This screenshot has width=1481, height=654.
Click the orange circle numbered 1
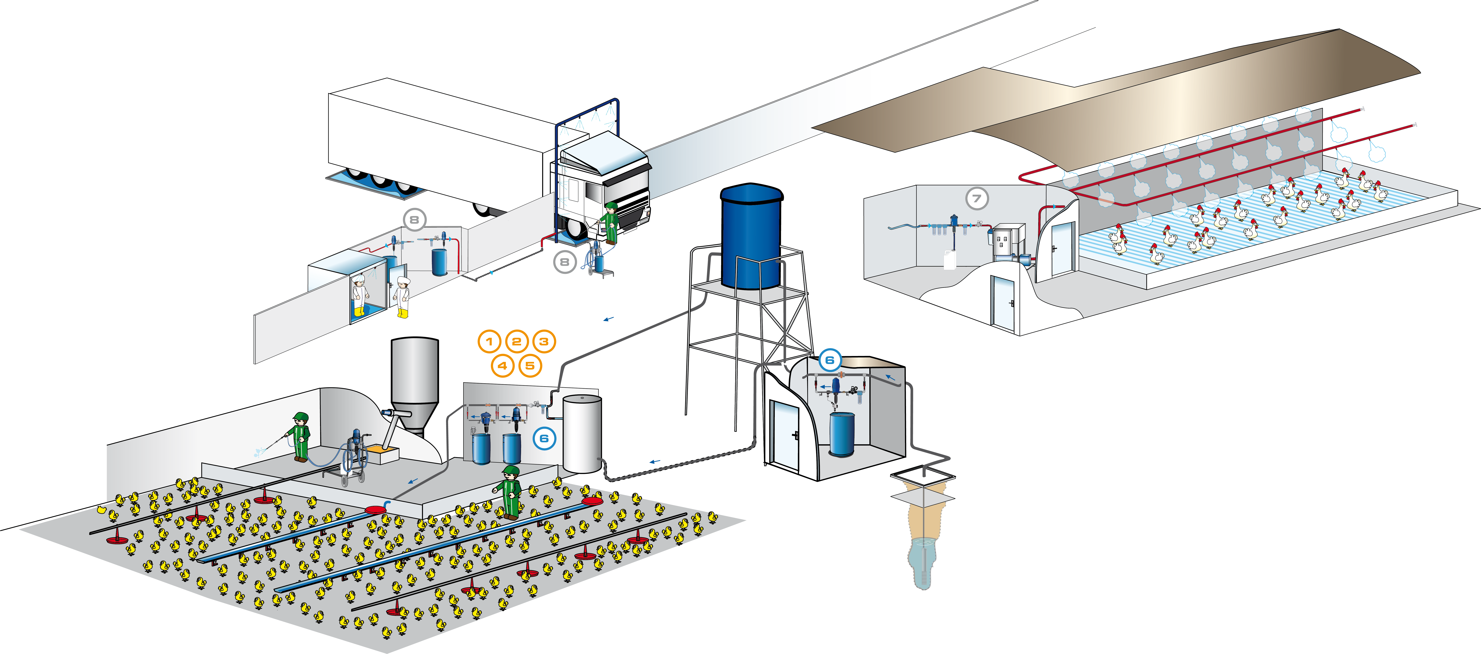(x=489, y=342)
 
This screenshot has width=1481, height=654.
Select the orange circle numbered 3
(x=543, y=342)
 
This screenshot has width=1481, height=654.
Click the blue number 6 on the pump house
(x=830, y=361)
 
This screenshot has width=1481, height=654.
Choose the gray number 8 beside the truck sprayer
(x=565, y=262)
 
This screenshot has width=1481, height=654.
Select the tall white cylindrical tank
(x=582, y=433)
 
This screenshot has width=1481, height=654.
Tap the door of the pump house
(x=785, y=435)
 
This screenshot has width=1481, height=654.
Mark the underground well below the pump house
(x=922, y=547)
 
